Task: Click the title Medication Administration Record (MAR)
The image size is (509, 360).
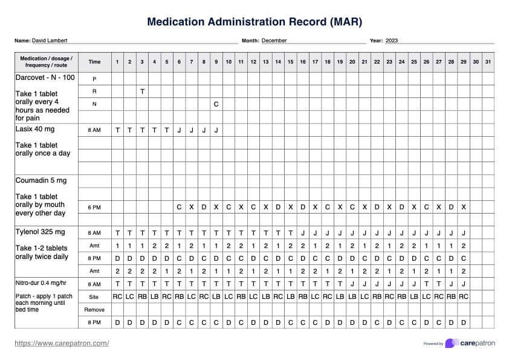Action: (254, 22)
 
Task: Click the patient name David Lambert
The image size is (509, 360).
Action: (50, 41)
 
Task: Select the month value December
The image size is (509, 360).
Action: (274, 41)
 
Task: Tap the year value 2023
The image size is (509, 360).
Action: (392, 41)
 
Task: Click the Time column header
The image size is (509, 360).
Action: (94, 62)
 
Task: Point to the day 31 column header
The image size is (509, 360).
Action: (488, 62)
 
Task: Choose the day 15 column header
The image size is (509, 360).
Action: (290, 62)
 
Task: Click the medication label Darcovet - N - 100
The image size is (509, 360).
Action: (45, 77)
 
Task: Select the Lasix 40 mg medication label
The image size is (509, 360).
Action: (35, 129)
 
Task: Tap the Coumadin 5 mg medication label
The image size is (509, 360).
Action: (41, 180)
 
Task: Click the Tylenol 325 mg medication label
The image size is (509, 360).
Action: (40, 232)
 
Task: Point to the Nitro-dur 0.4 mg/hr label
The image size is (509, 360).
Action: (41, 283)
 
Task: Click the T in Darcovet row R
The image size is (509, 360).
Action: (142, 91)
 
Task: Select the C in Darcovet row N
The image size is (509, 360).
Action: (216, 104)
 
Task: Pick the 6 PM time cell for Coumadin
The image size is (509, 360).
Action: (94, 207)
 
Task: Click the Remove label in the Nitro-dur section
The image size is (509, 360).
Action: (94, 309)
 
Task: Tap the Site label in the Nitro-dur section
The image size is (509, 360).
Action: (94, 296)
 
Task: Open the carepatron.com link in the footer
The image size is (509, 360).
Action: (62, 343)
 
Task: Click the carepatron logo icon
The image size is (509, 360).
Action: (451, 343)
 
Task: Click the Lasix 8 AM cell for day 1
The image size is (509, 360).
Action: (117, 130)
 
